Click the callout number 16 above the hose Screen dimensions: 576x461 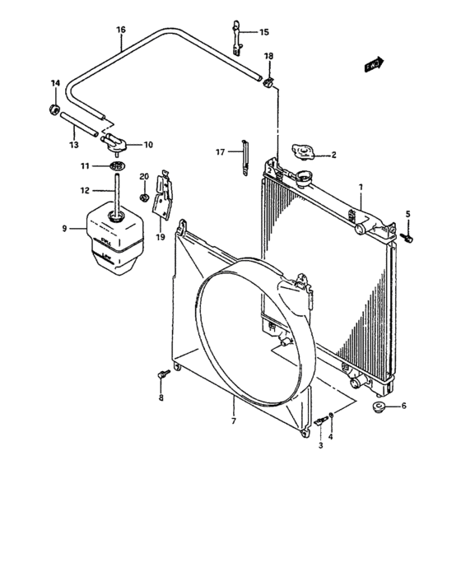tap(121, 30)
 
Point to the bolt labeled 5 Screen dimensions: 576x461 tap(409, 237)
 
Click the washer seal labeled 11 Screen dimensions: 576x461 tap(118, 167)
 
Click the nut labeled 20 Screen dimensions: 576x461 tap(146, 198)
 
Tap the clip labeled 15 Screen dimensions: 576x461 tap(234, 39)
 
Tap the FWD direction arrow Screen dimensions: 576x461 tap(374, 63)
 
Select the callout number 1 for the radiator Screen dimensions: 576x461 tap(361, 188)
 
